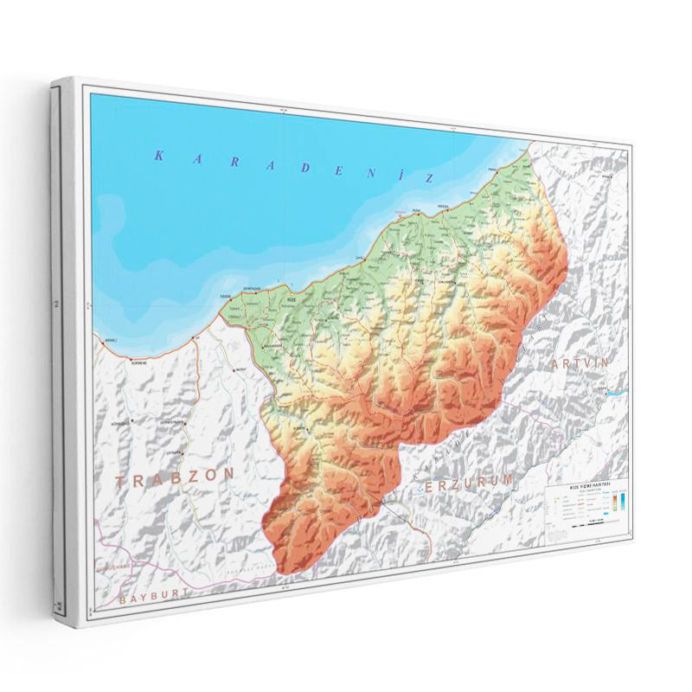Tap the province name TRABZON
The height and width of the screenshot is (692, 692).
tap(176, 477)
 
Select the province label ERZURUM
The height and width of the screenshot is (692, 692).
tap(465, 482)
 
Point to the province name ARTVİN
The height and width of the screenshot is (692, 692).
tap(579, 364)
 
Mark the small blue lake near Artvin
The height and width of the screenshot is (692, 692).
tap(615, 393)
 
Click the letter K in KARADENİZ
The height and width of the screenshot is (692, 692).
tap(158, 156)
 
